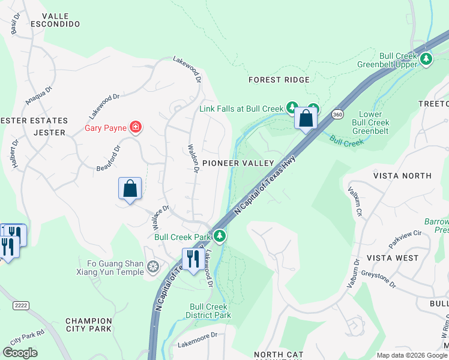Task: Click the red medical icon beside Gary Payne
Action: [136, 127]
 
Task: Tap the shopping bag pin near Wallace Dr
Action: [130, 189]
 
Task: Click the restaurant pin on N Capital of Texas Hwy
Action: [192, 260]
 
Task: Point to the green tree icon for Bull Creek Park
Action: [220, 236]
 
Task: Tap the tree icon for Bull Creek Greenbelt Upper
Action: [426, 58]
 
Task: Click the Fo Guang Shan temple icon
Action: [154, 266]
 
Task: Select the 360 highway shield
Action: [338, 114]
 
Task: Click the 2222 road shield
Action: [22, 306]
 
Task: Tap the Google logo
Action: [20, 353]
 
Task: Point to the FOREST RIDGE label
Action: [279, 80]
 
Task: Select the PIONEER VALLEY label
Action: [238, 163]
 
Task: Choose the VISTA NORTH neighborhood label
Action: [402, 176]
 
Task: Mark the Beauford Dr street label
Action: [109, 158]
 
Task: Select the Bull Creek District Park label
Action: [210, 310]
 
